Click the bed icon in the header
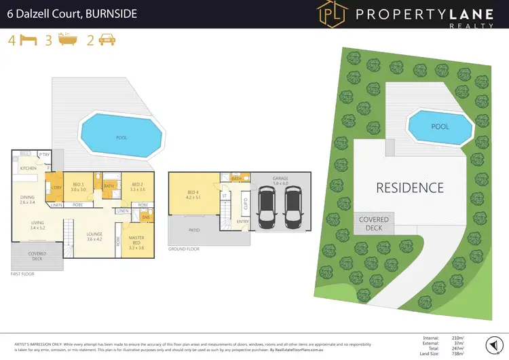pos(28,40)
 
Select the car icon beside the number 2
pos(107,40)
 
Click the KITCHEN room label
pos(28,168)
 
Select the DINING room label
pos(27,199)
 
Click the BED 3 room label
pos(79,185)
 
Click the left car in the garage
pos(266,206)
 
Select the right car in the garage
pos(292,206)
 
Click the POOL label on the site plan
pos(440,126)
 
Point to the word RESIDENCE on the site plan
pos(410,188)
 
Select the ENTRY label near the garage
pos(243,221)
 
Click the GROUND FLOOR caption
pos(185,250)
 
